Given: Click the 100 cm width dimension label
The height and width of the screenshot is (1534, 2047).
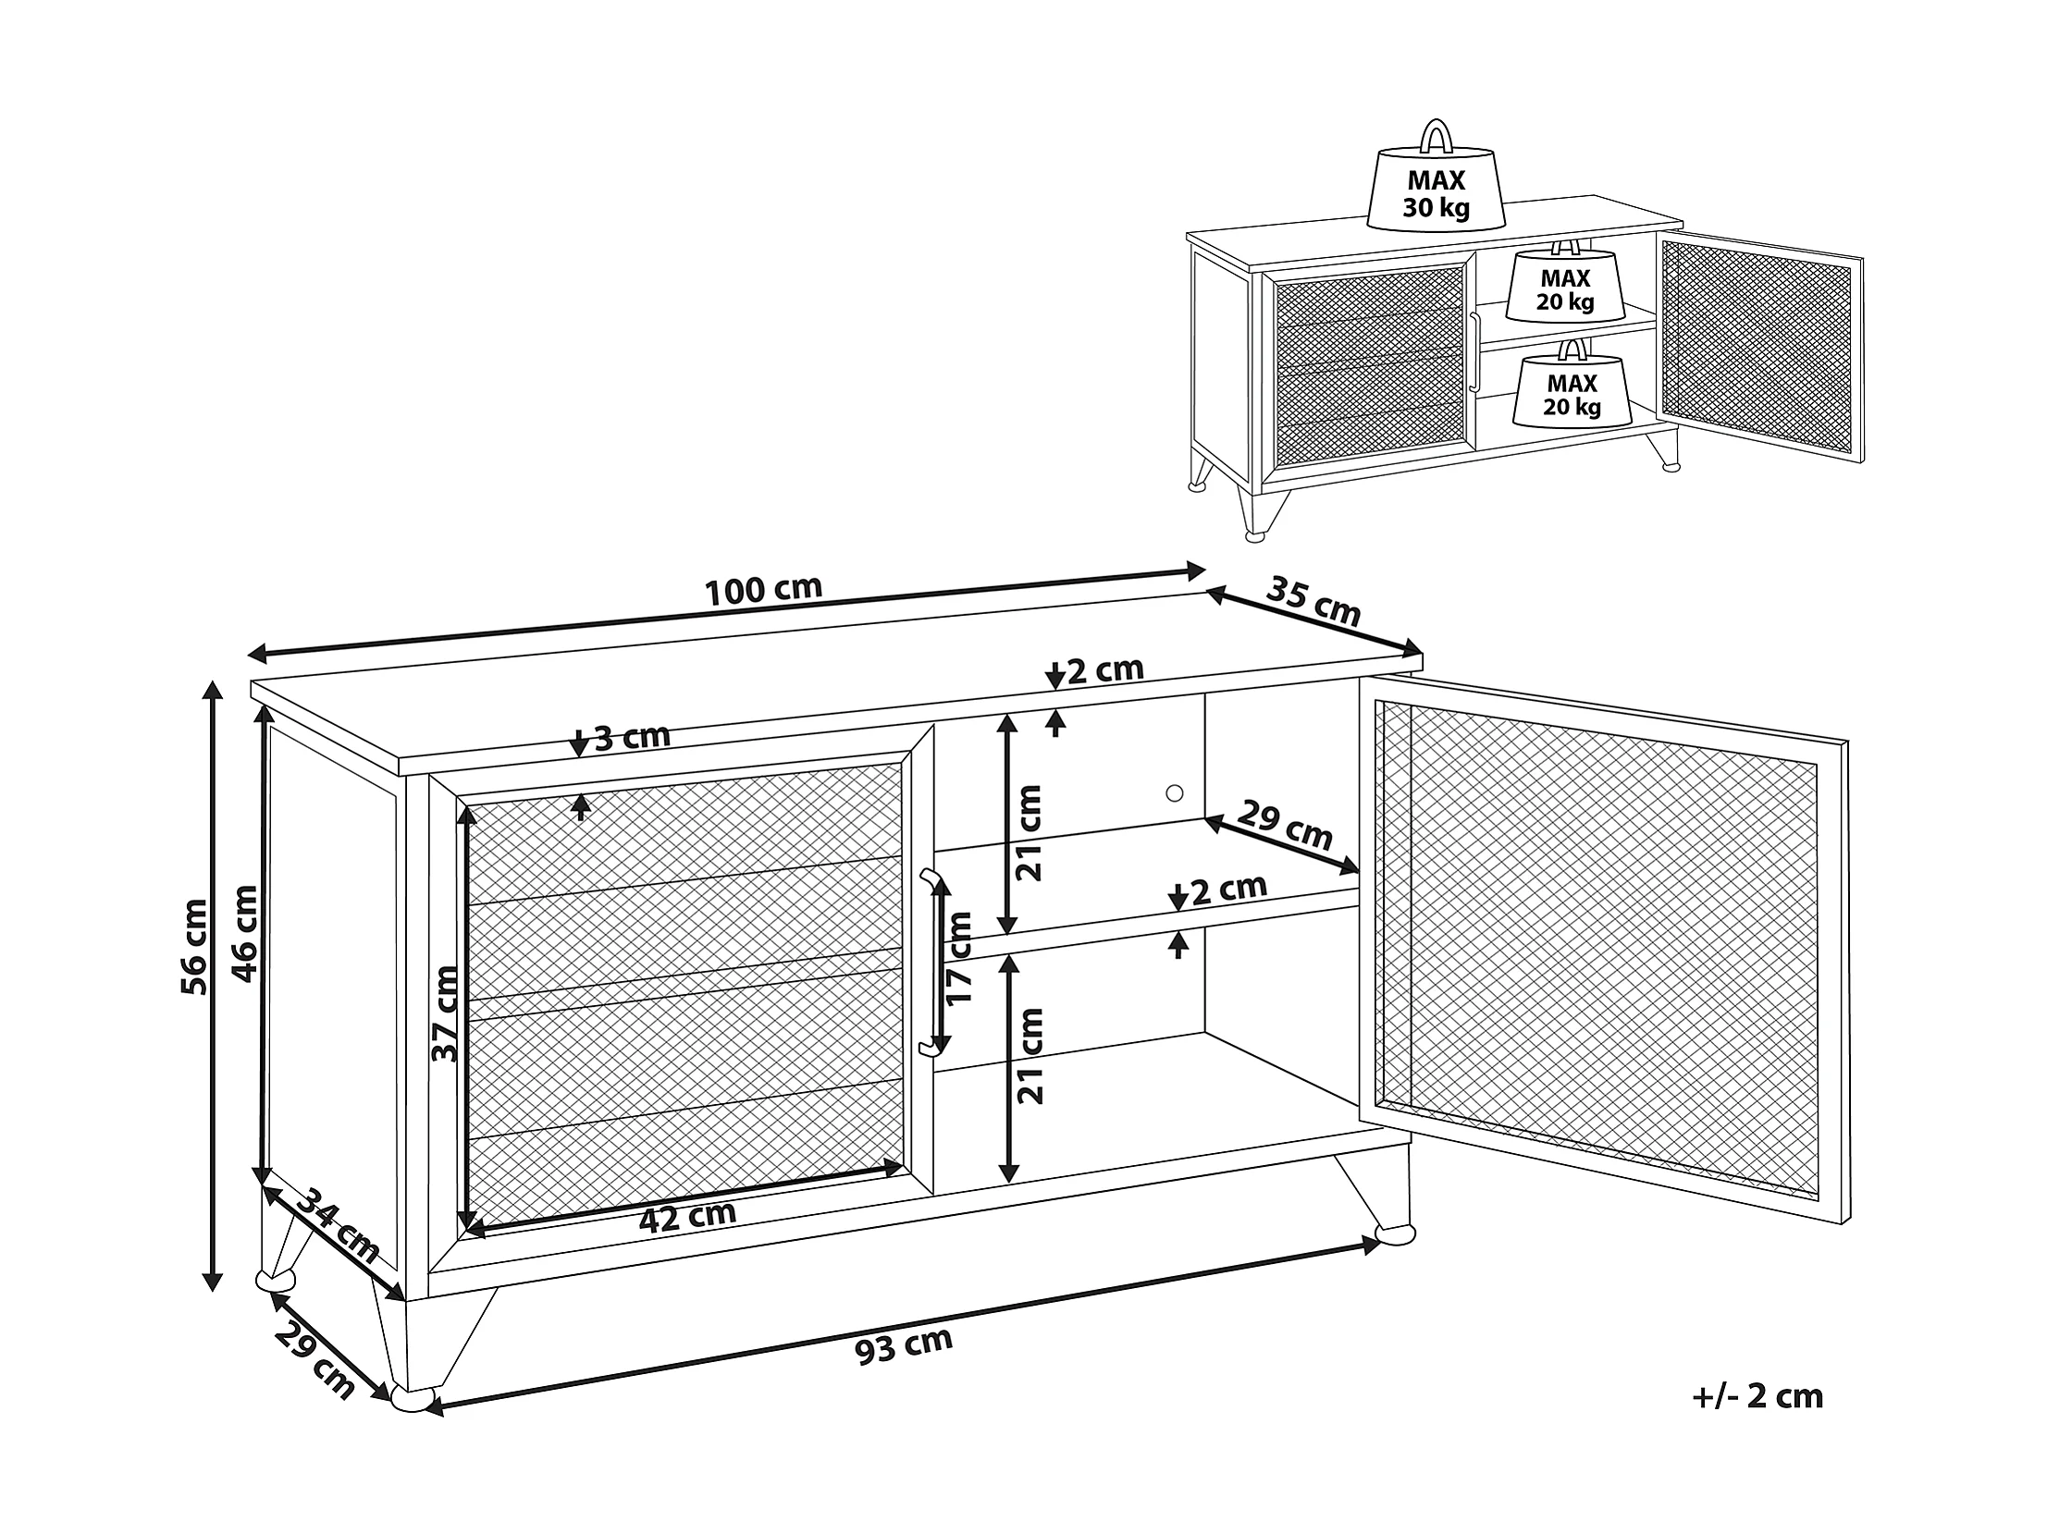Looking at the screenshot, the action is tap(763, 589).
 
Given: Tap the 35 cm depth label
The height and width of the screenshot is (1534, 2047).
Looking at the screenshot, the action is tap(1313, 600).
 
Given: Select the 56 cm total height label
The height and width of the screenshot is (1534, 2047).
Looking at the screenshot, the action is tap(195, 946).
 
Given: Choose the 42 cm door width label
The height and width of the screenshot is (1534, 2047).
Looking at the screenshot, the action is tap(687, 1216).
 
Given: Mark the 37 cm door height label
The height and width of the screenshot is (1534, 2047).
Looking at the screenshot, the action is tap(445, 1012).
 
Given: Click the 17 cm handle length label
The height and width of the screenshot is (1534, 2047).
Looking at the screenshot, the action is tap(959, 958).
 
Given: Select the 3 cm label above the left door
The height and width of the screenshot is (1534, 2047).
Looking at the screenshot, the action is tap(630, 737).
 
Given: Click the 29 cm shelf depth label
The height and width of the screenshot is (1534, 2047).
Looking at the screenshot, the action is tap(1286, 826).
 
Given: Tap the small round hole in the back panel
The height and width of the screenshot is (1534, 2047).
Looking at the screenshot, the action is tap(1175, 793).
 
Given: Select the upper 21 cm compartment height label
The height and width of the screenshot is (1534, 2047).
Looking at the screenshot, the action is tap(1029, 832).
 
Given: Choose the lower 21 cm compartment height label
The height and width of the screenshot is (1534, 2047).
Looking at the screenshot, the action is tap(1030, 1056).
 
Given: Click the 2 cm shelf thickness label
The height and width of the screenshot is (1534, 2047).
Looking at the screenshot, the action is tap(1228, 890).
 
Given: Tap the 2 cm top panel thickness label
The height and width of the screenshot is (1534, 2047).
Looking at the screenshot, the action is tap(1105, 669).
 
